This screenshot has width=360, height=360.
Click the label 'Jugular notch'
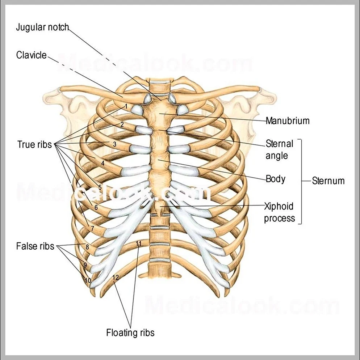[42, 27]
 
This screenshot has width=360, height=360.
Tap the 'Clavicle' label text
[32, 55]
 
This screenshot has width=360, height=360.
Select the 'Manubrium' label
[288, 120]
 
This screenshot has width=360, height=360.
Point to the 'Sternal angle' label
[279, 149]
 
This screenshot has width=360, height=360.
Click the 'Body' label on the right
[276, 179]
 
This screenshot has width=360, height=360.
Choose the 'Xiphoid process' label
[279, 212]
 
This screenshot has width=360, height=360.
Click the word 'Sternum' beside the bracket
[328, 181]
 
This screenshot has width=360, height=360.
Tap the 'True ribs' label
[35, 144]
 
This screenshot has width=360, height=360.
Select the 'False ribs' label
[35, 246]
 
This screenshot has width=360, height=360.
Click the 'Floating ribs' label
[130, 333]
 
